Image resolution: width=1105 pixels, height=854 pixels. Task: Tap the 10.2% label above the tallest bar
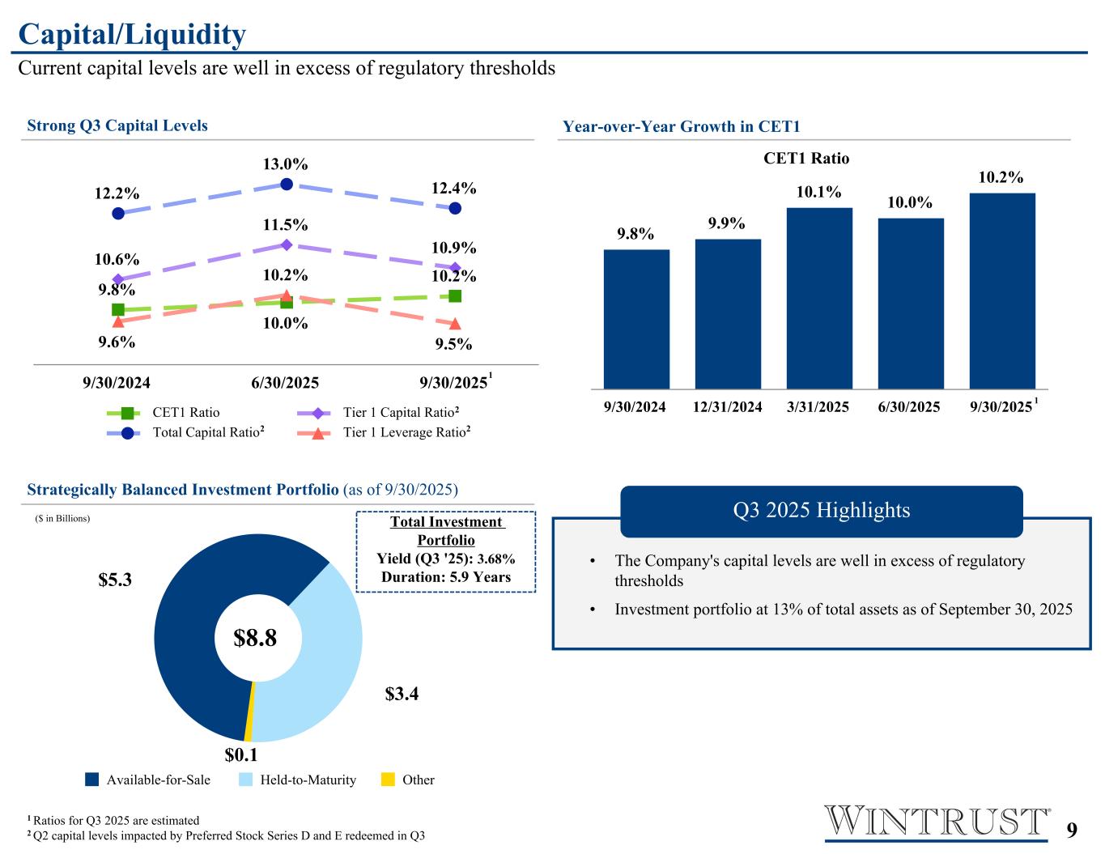[x=1001, y=177]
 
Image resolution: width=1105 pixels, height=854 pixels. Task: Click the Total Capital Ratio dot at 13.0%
[x=287, y=185]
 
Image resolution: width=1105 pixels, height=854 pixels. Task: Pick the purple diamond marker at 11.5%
[x=287, y=244]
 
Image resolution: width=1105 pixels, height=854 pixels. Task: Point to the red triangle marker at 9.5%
[x=455, y=324]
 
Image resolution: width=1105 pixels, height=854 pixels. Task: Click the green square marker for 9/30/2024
[x=118, y=309]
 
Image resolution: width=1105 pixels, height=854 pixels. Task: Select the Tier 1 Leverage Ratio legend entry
[x=385, y=432]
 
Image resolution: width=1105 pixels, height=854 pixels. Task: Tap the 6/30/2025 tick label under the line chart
[x=285, y=382]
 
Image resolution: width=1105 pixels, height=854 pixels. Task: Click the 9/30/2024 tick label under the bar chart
[x=635, y=406]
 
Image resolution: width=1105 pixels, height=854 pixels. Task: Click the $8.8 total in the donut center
[x=255, y=638]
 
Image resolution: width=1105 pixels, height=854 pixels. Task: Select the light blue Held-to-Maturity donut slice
[x=320, y=656]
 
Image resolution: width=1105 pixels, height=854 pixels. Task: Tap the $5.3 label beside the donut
[x=115, y=580]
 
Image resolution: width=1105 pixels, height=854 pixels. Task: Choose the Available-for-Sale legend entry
[x=148, y=780]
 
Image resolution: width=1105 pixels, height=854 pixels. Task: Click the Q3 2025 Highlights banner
[x=821, y=510]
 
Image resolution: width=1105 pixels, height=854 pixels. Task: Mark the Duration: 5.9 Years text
[x=445, y=577]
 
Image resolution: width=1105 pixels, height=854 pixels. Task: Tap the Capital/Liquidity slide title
[x=132, y=34]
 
